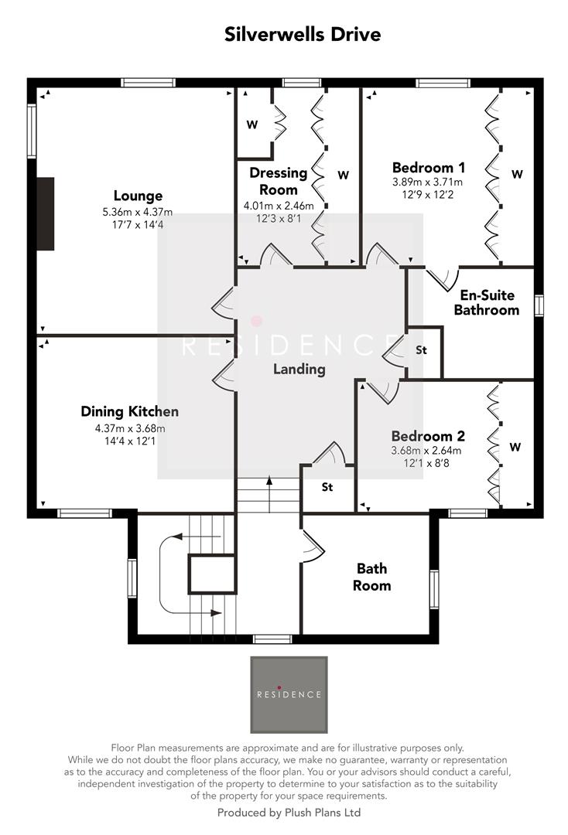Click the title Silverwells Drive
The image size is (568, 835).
302,35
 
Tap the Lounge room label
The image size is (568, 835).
138,196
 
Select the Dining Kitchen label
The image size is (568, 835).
129,411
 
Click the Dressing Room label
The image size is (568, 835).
278,181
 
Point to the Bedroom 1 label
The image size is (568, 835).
428,168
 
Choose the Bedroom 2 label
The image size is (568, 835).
426,435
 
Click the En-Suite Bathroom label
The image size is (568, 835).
486,302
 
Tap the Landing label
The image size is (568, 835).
299,369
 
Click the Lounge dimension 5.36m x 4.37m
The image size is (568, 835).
138,212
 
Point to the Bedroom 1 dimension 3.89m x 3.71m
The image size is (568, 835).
428,182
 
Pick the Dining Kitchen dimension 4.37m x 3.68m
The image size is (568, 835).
129,428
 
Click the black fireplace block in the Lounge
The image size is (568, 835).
46,213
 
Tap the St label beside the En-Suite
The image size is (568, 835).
421,350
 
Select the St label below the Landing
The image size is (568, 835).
327,487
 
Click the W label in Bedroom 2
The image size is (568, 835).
515,447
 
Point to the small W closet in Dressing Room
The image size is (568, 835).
252,124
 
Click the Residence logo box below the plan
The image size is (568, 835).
289,694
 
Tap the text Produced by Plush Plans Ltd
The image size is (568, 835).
289,813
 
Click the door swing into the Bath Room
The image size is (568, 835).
311,545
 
